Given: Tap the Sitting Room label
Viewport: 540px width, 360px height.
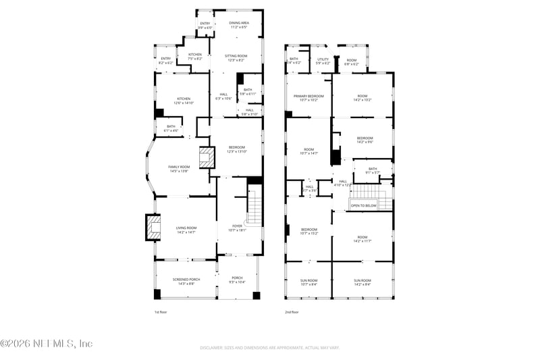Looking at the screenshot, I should pos(236,57).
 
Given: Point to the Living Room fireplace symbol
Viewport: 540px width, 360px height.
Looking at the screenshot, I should pos(153,227).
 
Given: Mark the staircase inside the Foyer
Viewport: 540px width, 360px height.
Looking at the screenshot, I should pos(254,207).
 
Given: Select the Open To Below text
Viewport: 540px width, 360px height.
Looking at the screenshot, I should pos(363,205).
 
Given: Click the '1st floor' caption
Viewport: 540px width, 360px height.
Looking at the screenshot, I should pos(161,312).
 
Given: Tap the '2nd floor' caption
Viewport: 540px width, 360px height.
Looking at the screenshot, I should pos(292,312).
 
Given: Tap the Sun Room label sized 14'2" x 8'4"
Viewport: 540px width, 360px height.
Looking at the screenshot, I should pos(362,282).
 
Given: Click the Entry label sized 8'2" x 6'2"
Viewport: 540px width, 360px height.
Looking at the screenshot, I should pos(166,60).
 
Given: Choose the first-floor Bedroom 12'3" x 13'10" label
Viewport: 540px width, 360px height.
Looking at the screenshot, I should pos(236,149).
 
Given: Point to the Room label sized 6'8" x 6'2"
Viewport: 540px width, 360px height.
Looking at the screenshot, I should pos(352,61).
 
